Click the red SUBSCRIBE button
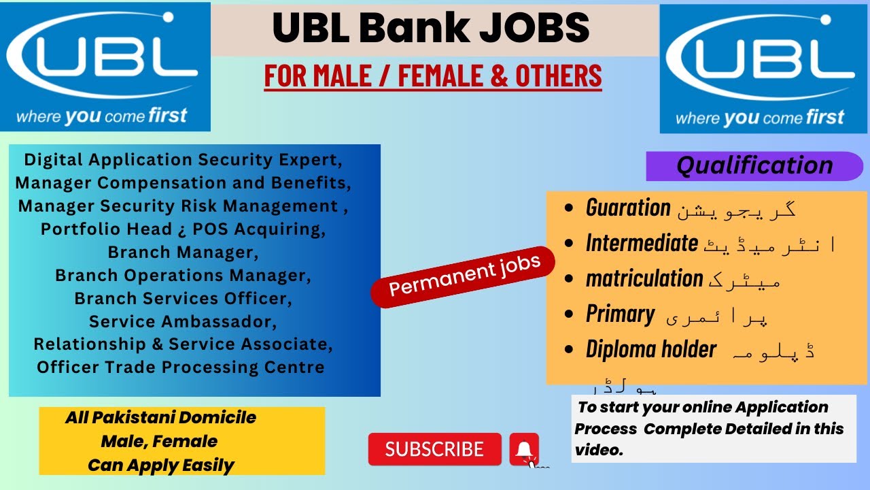[434, 449]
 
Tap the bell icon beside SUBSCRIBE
[524, 449]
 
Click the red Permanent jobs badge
[464, 276]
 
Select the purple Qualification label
[754, 165]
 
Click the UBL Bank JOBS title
[431, 29]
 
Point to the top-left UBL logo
[105, 67]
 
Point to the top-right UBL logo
[760, 69]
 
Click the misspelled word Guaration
[628, 208]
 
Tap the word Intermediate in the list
[642, 243]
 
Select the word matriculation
[644, 278]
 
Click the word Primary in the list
[620, 314]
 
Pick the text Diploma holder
[650, 349]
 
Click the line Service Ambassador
[183, 321]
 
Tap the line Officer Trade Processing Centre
[181, 367]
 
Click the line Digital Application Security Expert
[183, 160]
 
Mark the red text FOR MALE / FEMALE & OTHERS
[433, 76]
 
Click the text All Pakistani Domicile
[160, 417]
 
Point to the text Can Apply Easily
[160, 465]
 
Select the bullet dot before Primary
[568, 314]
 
